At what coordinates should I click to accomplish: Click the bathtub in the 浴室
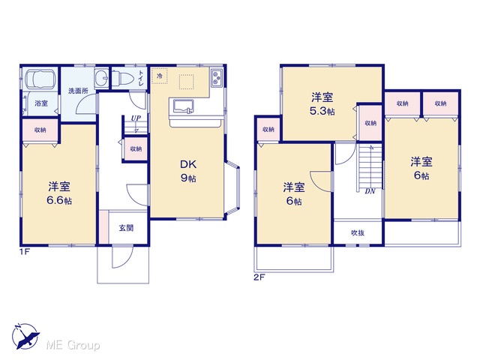click(x=40, y=79)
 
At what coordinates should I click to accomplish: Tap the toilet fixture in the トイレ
click(x=123, y=78)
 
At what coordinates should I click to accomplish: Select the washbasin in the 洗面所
click(x=101, y=78)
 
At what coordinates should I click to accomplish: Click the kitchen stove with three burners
click(x=217, y=78)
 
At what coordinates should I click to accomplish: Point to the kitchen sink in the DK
click(x=184, y=106)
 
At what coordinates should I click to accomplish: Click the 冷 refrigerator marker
click(x=160, y=76)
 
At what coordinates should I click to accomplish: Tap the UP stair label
click(x=136, y=118)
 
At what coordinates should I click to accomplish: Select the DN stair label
click(x=370, y=192)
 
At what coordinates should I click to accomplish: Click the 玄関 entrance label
click(x=126, y=228)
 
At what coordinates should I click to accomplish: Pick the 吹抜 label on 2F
click(x=357, y=233)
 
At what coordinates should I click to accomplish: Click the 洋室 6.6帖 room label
click(x=59, y=193)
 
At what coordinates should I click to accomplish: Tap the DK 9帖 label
click(x=188, y=171)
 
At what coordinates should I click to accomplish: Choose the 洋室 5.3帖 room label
click(x=322, y=104)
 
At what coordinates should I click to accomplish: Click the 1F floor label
click(x=25, y=252)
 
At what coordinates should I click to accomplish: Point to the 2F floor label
click(x=259, y=277)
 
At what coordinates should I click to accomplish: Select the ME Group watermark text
click(x=73, y=345)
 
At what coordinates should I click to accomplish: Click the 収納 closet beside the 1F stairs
click(x=136, y=149)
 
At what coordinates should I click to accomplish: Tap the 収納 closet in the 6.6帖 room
click(x=40, y=130)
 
